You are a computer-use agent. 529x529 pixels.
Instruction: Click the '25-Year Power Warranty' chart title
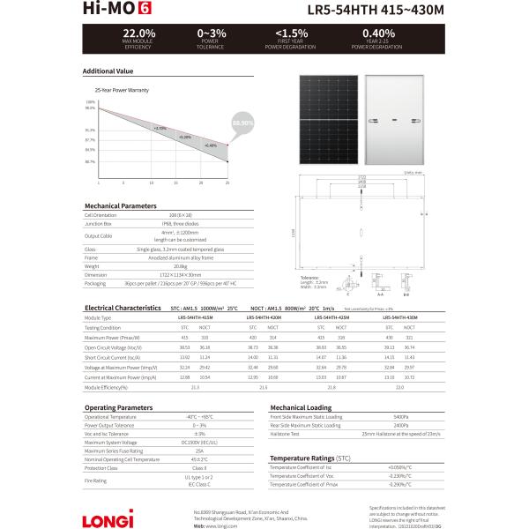pos(122,90)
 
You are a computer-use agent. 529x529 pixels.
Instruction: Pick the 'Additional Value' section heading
pos(108,71)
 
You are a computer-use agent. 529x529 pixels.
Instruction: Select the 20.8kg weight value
pos(180,265)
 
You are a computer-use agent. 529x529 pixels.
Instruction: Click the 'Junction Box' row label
pos(96,223)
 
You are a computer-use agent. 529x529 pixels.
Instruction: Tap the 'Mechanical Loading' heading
pos(301,409)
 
